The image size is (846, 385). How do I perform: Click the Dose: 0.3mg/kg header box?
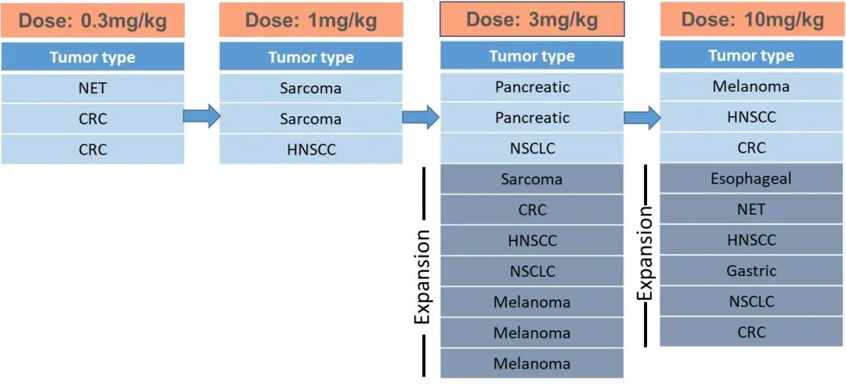(92, 21)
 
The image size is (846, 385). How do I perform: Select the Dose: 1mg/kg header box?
(311, 20)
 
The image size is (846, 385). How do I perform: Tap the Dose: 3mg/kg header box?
(532, 19)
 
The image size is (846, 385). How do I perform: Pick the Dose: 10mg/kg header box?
(752, 20)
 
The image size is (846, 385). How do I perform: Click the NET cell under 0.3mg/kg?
(92, 89)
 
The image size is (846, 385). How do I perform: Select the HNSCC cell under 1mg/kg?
(311, 149)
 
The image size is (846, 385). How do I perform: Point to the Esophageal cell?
(751, 179)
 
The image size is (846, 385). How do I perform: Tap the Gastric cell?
(751, 271)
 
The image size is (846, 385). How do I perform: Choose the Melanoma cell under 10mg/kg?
(751, 86)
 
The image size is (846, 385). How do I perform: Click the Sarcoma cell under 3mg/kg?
(532, 180)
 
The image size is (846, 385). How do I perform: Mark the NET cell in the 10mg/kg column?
(751, 209)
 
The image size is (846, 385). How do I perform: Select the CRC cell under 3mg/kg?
(532, 210)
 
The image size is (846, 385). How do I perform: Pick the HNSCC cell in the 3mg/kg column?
(532, 241)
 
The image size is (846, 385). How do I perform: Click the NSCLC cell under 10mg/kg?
(751, 302)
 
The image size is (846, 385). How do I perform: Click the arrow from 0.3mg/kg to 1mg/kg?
(201, 117)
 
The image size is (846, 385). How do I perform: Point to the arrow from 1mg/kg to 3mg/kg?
(421, 118)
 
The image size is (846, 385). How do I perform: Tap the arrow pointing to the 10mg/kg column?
(642, 118)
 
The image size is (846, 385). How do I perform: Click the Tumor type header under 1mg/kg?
(311, 57)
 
